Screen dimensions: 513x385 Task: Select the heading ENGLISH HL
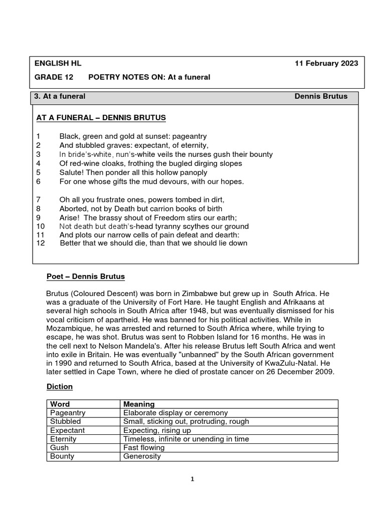pos(58,63)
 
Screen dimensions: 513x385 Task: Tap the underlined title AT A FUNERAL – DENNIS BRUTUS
pos(101,118)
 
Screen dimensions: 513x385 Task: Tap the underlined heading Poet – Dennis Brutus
pos(85,277)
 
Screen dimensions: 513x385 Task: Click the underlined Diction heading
pos(60,387)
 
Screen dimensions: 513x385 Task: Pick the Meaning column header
pos(139,404)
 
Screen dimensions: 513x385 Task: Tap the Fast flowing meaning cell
pos(144,447)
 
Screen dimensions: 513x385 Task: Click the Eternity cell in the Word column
pos(64,439)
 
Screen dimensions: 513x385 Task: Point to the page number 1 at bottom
pos(193,479)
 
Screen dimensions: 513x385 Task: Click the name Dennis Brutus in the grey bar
pos(321,96)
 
